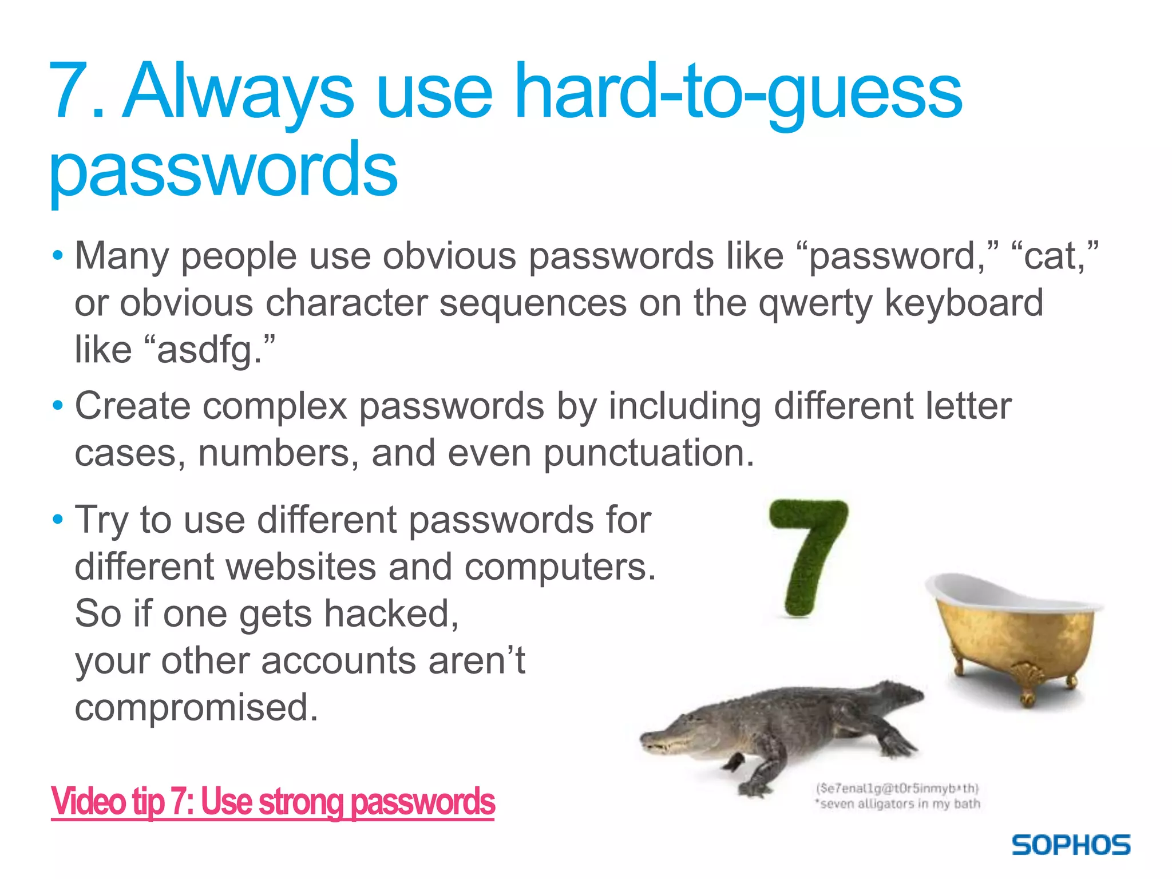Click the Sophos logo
point(1071,845)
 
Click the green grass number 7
point(808,555)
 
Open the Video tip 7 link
point(272,801)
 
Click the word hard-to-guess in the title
point(738,92)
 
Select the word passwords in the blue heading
point(223,169)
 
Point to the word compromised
point(196,707)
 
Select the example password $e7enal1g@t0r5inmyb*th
point(897,789)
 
